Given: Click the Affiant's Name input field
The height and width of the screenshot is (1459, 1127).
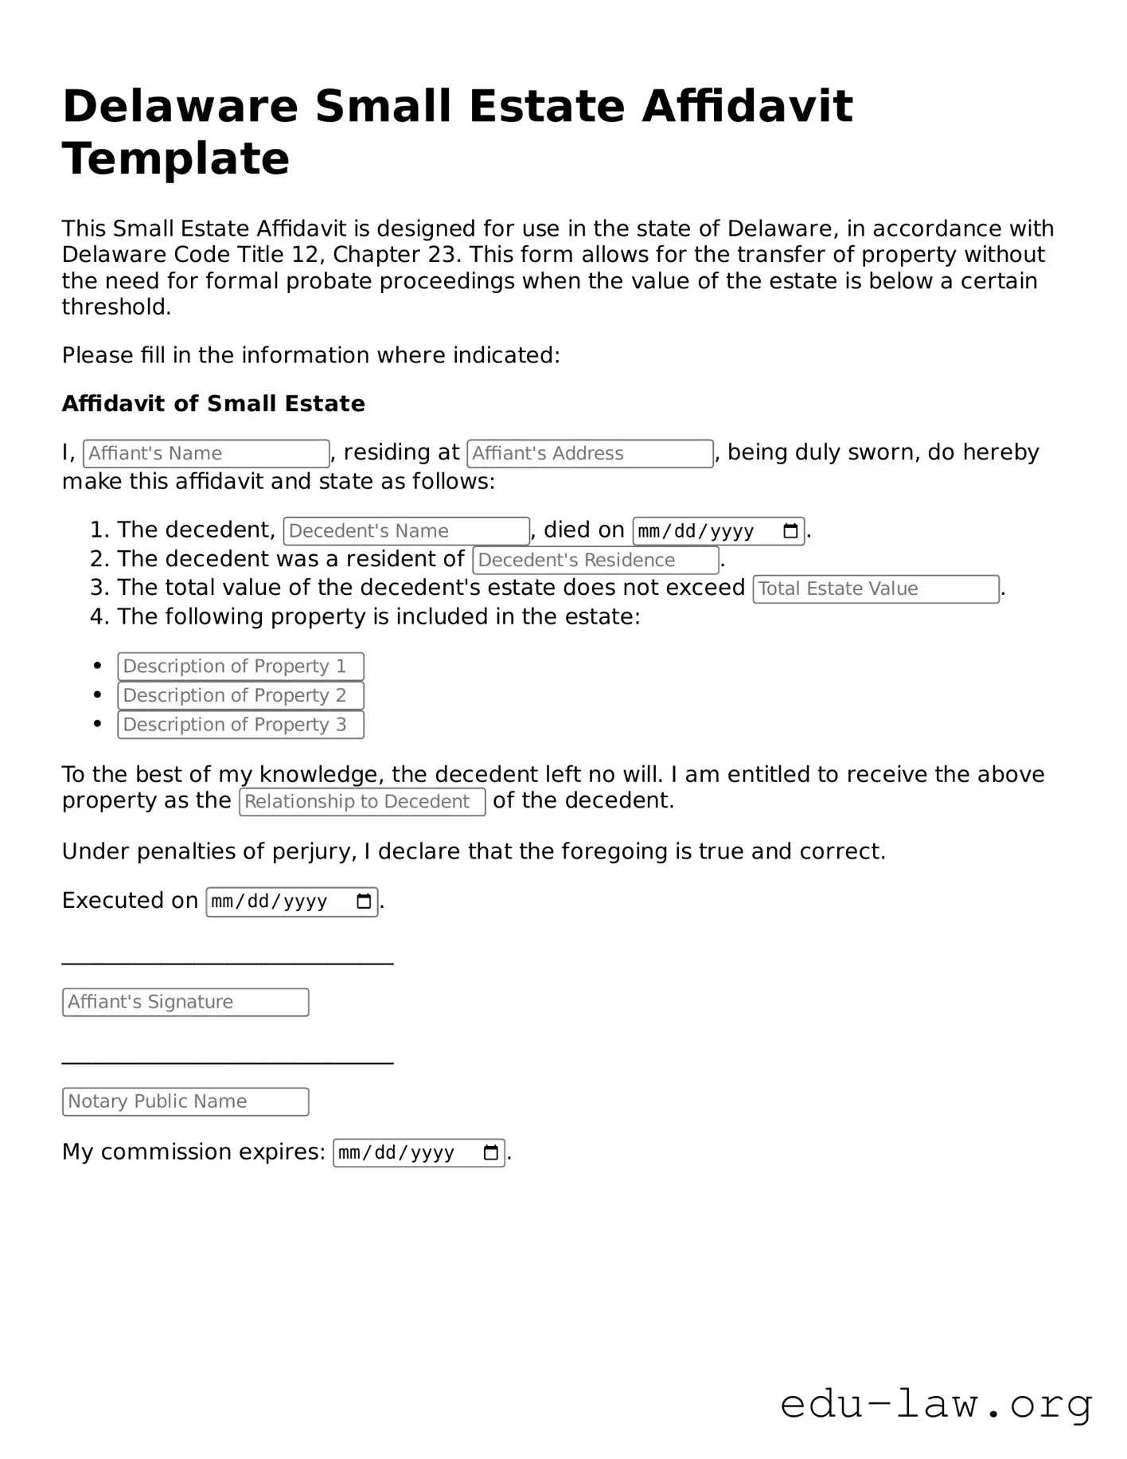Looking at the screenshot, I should pos(206,453).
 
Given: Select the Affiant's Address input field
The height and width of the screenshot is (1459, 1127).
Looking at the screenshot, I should pos(590,453).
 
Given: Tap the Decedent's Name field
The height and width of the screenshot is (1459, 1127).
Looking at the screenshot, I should pos(406,531).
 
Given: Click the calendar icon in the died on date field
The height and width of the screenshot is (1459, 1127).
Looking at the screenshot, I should pos(790,531).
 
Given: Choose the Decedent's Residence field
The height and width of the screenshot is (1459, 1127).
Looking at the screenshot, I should pos(595,560).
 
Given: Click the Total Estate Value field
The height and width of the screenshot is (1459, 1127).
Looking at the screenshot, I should pos(875,589).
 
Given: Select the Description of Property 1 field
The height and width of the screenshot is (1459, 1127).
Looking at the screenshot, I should pos(240,667).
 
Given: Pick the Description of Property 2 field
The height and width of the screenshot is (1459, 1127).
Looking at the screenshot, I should pos(240,695).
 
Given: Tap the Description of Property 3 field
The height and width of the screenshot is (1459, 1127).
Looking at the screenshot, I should pos(240,725).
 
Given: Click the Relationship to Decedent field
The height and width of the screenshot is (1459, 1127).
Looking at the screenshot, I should pos(362,802).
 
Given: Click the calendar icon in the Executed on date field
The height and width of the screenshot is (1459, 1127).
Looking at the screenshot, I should pos(364,902).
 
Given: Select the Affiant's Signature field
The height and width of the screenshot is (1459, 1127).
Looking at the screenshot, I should pos(185,1002).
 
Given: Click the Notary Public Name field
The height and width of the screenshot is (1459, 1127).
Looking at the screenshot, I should pos(185,1101).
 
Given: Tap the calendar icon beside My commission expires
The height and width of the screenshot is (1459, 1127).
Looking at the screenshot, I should pos(491,1152).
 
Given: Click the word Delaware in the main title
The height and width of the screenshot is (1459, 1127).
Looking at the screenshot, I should pos(180,106).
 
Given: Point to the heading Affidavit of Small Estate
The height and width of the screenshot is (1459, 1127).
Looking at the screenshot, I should pos(213,404).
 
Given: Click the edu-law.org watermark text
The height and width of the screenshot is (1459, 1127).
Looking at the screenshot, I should pos(936,1403).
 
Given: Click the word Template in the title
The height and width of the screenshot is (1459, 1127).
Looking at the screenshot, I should pos(176,158).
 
